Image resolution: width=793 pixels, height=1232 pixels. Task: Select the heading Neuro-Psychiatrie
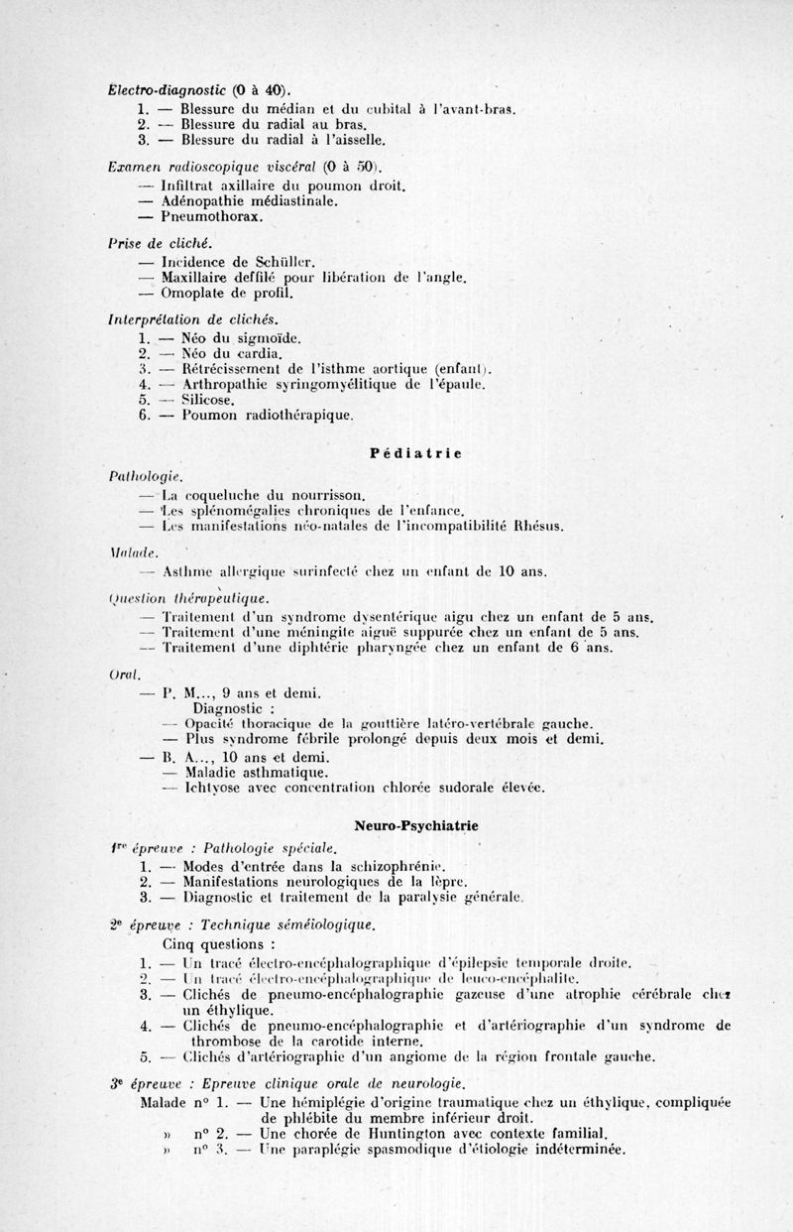[x=415, y=825]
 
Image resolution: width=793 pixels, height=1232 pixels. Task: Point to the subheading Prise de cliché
[x=154, y=243]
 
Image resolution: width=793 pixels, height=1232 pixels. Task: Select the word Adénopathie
[x=204, y=200]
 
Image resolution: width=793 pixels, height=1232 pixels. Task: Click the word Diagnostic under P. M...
[x=231, y=708]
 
